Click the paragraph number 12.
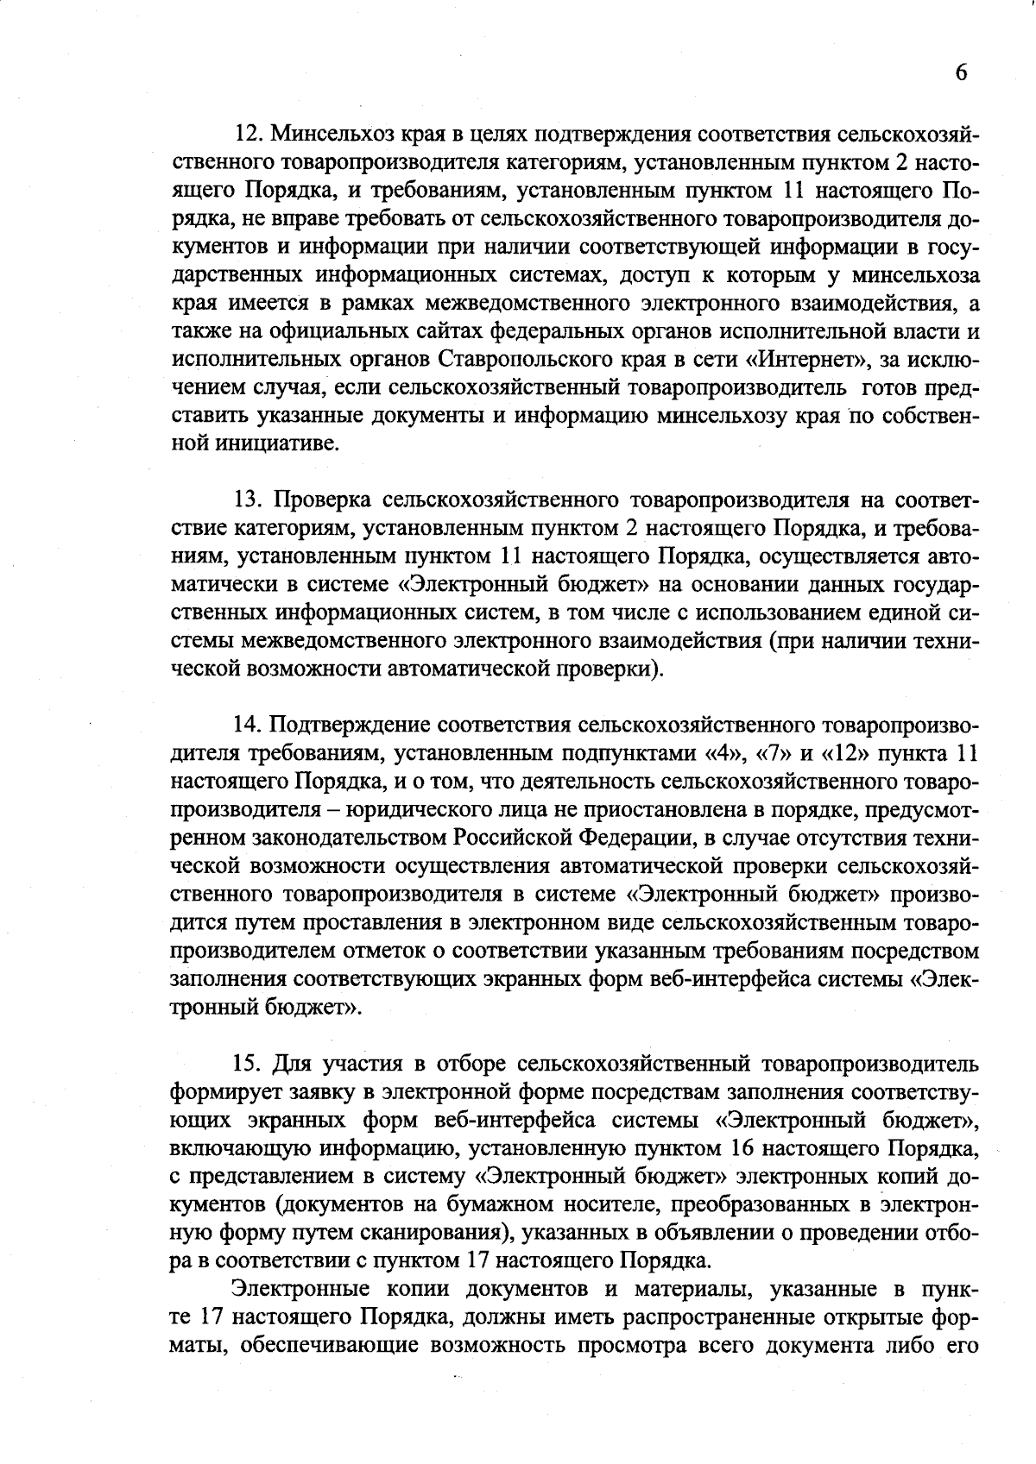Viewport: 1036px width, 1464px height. pos(249,134)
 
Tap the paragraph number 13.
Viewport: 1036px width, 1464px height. pos(249,500)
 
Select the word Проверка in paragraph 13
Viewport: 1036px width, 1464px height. pos(324,500)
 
